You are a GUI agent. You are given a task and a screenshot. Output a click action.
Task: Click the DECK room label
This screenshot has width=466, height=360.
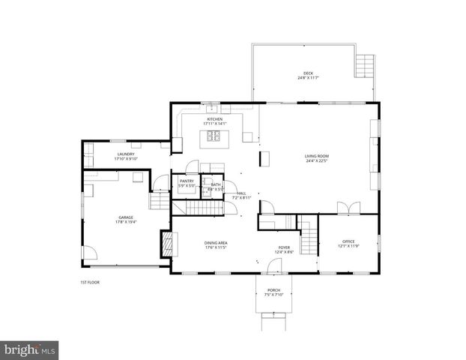coord(308,73)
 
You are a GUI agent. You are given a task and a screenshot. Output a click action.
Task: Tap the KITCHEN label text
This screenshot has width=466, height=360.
coord(215,120)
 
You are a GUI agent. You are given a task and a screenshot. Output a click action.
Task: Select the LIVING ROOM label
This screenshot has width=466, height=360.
coord(318,157)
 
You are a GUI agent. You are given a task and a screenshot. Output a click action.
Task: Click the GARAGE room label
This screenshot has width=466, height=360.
coord(124,219)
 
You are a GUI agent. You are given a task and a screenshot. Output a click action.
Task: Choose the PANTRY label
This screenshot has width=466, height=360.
coord(187,183)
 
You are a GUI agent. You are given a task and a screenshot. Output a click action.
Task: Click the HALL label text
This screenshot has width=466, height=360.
coord(242,195)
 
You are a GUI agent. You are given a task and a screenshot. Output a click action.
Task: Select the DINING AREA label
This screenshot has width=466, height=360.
coord(216,244)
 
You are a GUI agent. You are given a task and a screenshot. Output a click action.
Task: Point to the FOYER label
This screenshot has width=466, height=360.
coord(284,249)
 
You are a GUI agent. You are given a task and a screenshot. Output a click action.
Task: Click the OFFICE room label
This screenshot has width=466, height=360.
coord(348,243)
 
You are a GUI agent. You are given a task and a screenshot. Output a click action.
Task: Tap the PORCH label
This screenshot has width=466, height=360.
coord(273,292)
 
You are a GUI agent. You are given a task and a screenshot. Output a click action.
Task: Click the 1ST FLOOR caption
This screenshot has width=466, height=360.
coord(90,282)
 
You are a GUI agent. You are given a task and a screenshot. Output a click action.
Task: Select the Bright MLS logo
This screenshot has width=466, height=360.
coord(30,349)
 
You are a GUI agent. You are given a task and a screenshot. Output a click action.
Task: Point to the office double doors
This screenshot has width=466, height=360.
coord(344,208)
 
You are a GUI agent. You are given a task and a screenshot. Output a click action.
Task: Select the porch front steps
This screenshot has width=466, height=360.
coord(273,324)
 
